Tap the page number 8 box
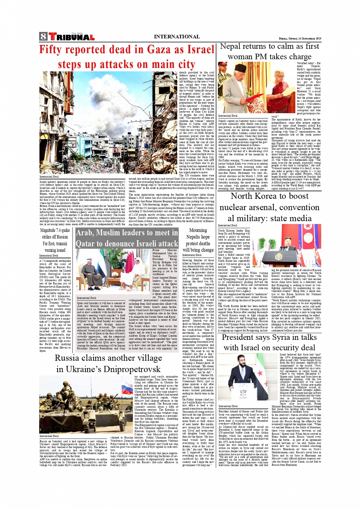(43, 37)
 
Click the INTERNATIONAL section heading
(176, 37)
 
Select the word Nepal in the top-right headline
(230, 46)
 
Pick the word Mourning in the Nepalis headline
(198, 230)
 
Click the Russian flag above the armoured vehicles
(127, 389)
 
